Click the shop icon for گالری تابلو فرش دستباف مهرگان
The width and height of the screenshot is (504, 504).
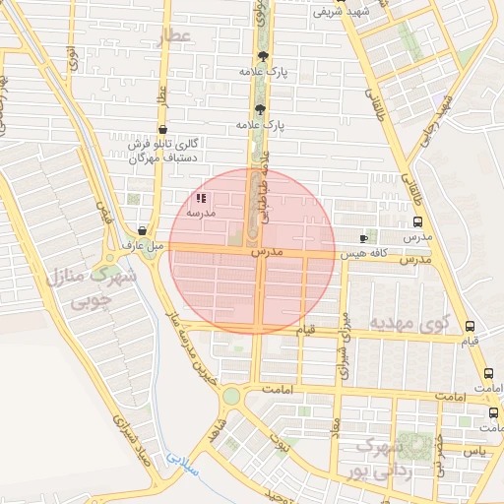(x=162, y=129)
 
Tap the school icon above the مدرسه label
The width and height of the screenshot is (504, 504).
(x=201, y=198)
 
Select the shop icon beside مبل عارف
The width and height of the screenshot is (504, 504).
(x=144, y=229)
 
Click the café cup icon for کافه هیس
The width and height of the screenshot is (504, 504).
(x=364, y=238)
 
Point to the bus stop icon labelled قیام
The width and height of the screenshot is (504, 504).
(x=470, y=327)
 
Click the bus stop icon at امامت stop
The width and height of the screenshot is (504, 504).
(x=489, y=374)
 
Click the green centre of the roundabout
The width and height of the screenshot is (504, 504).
(x=231, y=396)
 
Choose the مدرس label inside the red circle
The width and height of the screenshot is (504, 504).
(x=267, y=253)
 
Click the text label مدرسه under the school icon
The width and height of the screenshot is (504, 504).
(x=201, y=213)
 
